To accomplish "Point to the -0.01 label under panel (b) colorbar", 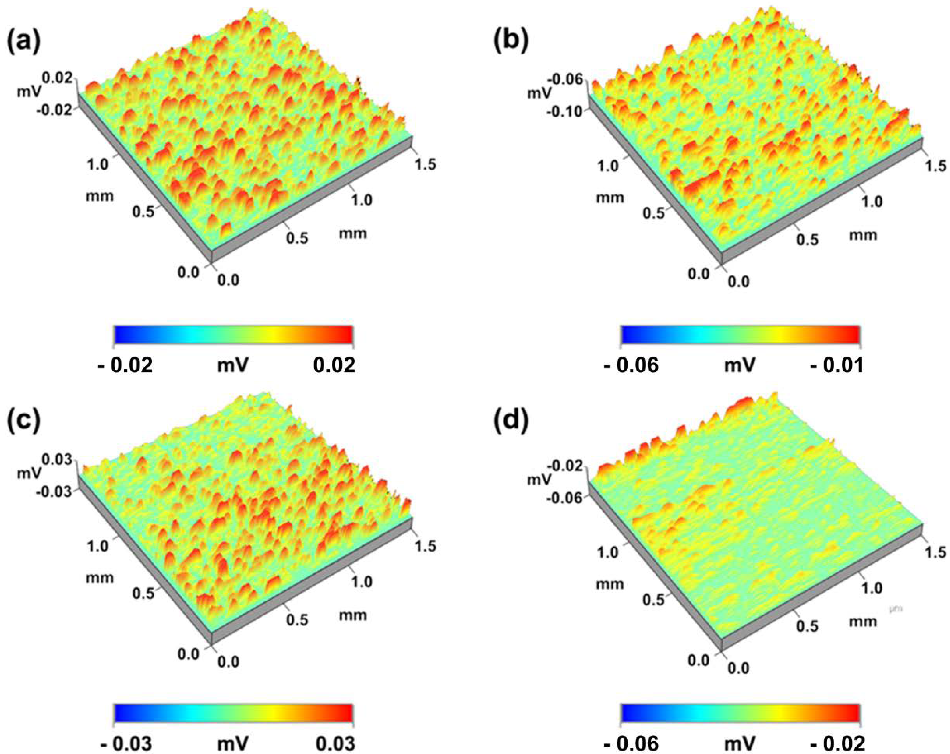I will coord(836,366).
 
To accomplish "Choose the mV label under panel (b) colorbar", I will coord(740,366).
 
